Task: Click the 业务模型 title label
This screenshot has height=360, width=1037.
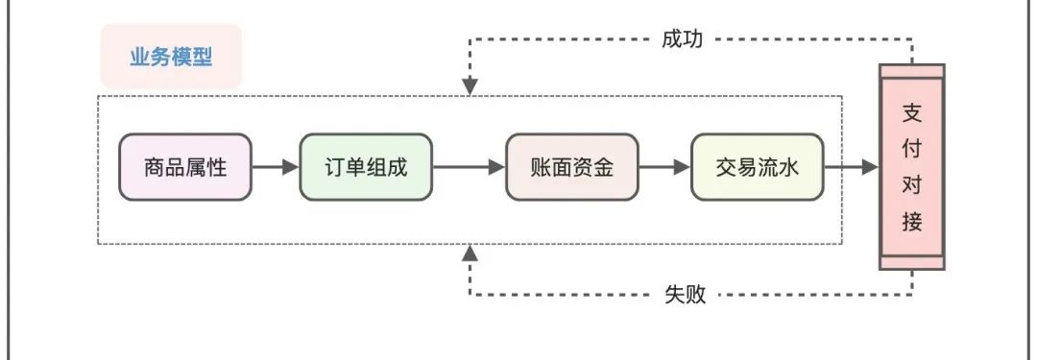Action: tap(171, 57)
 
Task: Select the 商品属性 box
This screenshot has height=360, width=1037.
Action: tap(184, 167)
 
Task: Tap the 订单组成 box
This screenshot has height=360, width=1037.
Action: tap(366, 167)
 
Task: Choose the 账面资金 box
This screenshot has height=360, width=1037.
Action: tap(572, 167)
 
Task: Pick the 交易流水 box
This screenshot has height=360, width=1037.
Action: tap(757, 167)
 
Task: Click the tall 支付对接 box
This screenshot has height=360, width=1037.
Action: tap(912, 167)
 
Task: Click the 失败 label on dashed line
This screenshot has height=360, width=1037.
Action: tap(686, 295)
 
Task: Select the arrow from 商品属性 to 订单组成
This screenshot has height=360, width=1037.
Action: tap(275, 167)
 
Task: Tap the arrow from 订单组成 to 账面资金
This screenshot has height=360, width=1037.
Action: tap(469, 167)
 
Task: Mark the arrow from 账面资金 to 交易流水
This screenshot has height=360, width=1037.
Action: tap(664, 167)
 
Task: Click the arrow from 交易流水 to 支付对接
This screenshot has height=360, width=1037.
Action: tap(851, 167)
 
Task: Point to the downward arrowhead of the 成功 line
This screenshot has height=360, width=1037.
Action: tap(470, 87)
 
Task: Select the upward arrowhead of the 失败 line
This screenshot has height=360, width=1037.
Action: tap(470, 252)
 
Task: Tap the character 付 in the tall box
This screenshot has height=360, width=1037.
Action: tap(912, 149)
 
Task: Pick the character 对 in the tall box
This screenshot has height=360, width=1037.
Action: tap(912, 185)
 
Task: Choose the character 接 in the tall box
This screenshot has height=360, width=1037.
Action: tap(912, 223)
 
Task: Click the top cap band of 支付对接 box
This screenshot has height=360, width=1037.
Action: tap(912, 72)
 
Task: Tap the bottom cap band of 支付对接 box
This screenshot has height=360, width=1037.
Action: tap(912, 262)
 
